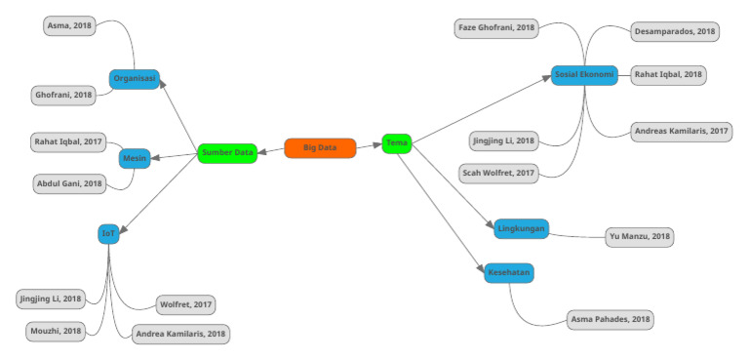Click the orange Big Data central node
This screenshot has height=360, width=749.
320,148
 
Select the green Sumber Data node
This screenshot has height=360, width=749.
227,153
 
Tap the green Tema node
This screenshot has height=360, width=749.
397,143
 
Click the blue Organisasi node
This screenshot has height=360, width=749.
134,79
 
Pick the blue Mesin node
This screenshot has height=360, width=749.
134,157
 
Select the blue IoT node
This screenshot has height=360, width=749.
108,233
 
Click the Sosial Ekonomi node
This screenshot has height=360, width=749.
585,75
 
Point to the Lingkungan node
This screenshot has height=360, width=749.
521,228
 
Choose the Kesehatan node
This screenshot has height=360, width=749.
509,273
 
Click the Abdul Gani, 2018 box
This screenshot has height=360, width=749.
70,183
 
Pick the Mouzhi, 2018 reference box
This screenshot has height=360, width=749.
57,331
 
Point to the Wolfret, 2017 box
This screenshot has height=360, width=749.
185,305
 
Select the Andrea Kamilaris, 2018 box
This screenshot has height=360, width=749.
181,333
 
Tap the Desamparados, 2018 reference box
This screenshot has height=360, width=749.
674,31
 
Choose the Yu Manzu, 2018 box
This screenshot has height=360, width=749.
639,237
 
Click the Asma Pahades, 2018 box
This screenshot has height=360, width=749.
611,318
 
